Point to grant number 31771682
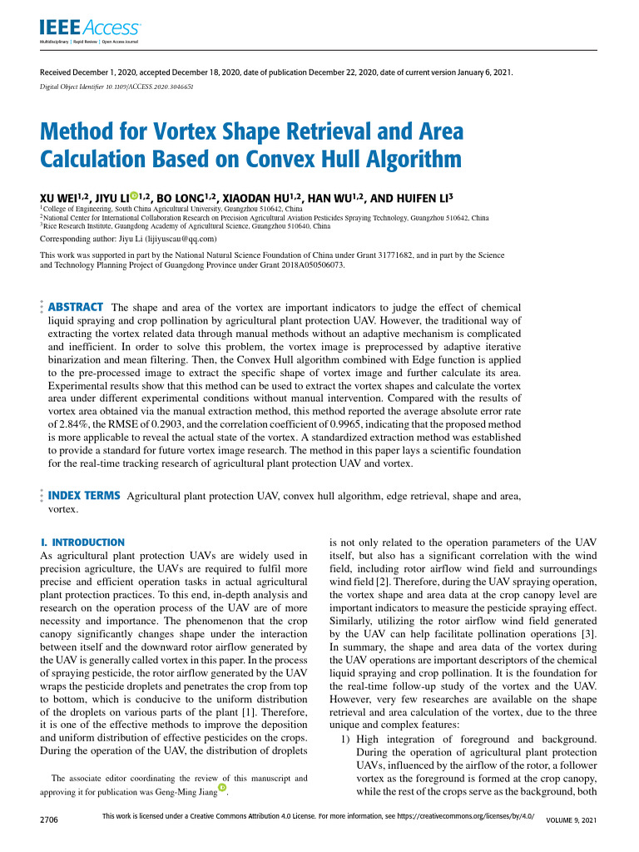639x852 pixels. coord(410,255)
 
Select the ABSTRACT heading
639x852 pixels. coord(77,307)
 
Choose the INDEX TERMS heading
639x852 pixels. coord(85,496)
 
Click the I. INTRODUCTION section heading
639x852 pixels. coord(83,542)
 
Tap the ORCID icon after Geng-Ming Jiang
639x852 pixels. coord(221,788)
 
